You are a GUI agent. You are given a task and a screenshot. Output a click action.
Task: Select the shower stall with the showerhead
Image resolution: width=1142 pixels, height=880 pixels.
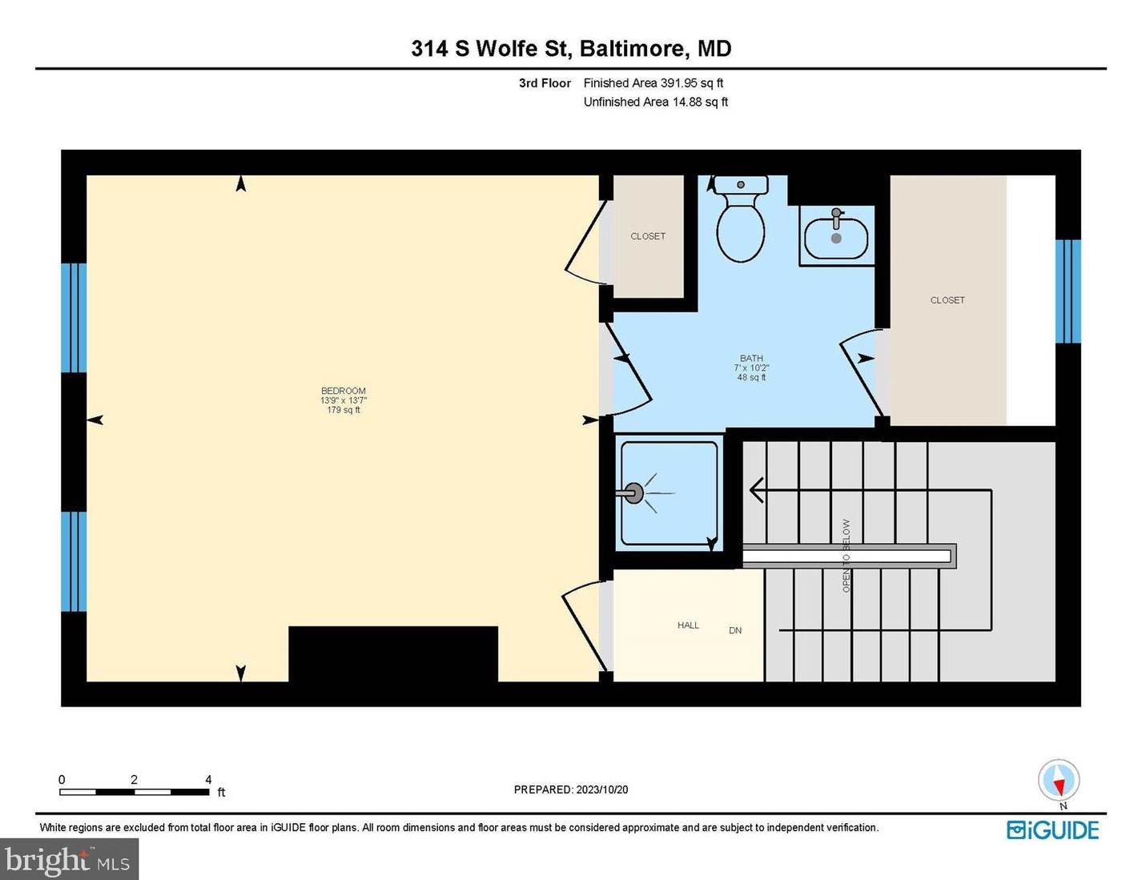(668, 493)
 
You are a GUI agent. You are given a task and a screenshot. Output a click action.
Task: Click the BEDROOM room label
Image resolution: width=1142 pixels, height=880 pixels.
(344, 392)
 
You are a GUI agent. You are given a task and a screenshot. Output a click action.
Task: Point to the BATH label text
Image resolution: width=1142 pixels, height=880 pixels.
(751, 359)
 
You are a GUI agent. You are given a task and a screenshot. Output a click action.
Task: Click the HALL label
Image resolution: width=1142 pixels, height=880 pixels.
(688, 625)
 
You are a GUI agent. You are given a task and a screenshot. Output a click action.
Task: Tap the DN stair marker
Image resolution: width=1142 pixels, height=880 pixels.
(735, 631)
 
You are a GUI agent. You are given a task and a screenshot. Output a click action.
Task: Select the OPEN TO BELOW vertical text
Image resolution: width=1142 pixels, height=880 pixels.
(846, 556)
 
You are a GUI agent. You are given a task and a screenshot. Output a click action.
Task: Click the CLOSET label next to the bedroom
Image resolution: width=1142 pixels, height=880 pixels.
(648, 236)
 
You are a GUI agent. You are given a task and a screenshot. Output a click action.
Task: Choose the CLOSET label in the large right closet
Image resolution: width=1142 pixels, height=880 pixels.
(947, 300)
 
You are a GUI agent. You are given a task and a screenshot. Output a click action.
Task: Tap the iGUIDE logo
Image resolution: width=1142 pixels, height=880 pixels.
(1052, 830)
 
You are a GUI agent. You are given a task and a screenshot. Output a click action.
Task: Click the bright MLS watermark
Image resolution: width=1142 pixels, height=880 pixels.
(69, 860)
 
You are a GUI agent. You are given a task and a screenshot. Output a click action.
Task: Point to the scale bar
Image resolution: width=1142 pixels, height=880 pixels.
(134, 792)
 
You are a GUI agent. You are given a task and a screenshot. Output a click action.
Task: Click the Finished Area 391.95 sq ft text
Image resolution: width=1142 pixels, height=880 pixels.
(653, 83)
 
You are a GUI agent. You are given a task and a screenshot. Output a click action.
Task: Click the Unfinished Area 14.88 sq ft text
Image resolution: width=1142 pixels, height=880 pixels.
(655, 102)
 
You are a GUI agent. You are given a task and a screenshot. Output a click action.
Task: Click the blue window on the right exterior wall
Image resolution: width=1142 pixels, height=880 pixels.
(1068, 291)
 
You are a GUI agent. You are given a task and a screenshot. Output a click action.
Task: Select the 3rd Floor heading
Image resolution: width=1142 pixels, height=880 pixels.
(545, 83)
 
